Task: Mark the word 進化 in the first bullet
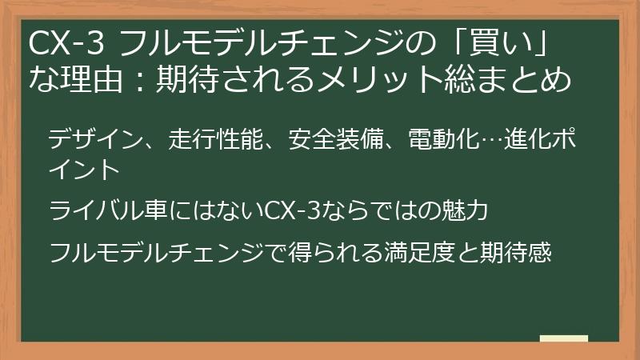520,138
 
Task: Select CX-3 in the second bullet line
293,211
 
